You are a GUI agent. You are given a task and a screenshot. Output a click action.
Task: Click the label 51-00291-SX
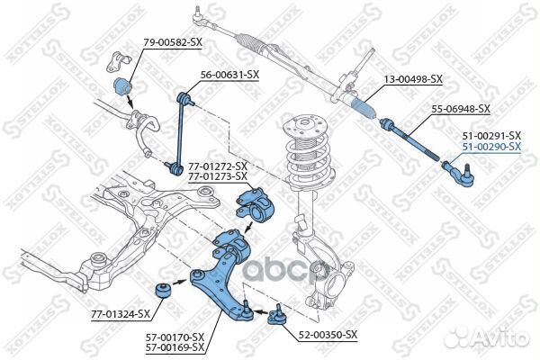tap(491, 135)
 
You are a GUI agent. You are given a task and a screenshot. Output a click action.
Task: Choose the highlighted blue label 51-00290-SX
tap(491, 146)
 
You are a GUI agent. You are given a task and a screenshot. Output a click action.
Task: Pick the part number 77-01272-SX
tap(217, 166)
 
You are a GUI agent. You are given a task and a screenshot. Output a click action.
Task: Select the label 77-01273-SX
tap(217, 176)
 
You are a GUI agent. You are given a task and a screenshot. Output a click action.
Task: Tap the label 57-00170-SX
tap(174, 337)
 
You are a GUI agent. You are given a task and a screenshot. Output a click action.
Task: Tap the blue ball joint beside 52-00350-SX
tap(274, 316)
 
